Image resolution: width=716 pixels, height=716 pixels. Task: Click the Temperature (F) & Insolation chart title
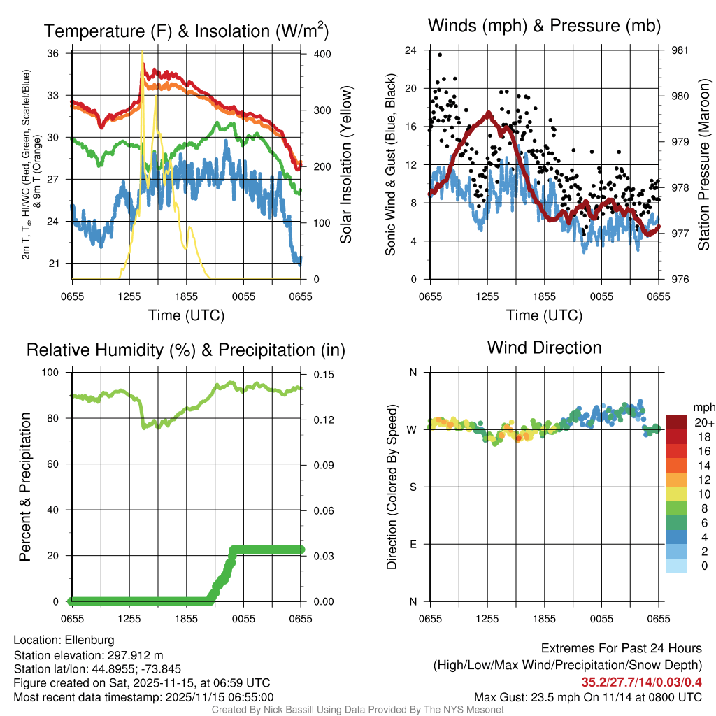pyautogui.click(x=186, y=31)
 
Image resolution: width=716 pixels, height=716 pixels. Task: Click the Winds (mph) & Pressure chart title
pyautogui.click(x=545, y=26)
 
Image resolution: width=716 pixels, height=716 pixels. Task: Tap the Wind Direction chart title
pyautogui.click(x=544, y=348)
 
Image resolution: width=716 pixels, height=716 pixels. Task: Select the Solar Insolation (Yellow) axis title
pyautogui.click(x=345, y=165)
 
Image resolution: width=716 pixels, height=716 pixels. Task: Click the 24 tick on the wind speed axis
pyautogui.click(x=411, y=50)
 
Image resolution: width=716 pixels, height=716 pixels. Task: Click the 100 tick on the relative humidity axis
pyautogui.click(x=53, y=373)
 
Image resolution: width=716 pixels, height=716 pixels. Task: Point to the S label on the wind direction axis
pyautogui.click(x=413, y=487)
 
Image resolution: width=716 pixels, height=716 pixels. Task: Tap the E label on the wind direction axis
pyautogui.click(x=413, y=544)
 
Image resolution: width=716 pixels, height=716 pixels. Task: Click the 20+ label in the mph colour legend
pyautogui.click(x=703, y=423)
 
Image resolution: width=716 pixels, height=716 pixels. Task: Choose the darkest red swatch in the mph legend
pyautogui.click(x=676, y=422)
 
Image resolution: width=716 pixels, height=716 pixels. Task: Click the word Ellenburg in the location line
pyautogui.click(x=89, y=640)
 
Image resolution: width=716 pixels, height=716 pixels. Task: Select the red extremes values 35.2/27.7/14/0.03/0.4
pyautogui.click(x=641, y=682)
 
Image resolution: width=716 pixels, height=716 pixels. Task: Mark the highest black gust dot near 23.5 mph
pyautogui.click(x=440, y=55)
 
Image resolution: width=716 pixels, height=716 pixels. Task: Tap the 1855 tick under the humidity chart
pyautogui.click(x=186, y=619)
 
